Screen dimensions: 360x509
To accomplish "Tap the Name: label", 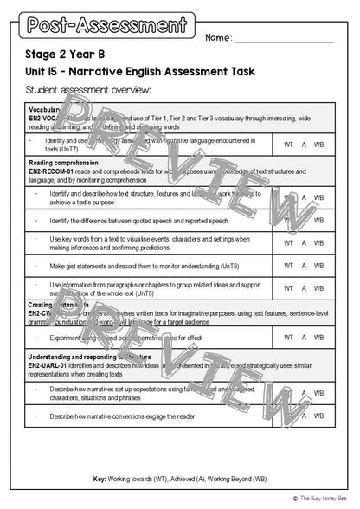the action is [219, 38].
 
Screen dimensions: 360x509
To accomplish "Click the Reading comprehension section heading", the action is [63, 162].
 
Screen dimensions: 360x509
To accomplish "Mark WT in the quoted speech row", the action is [288, 221].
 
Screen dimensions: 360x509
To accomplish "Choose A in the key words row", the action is [304, 243].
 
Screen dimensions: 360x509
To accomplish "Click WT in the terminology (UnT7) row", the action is [288, 144].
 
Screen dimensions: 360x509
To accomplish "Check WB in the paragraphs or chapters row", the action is [318, 289].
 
